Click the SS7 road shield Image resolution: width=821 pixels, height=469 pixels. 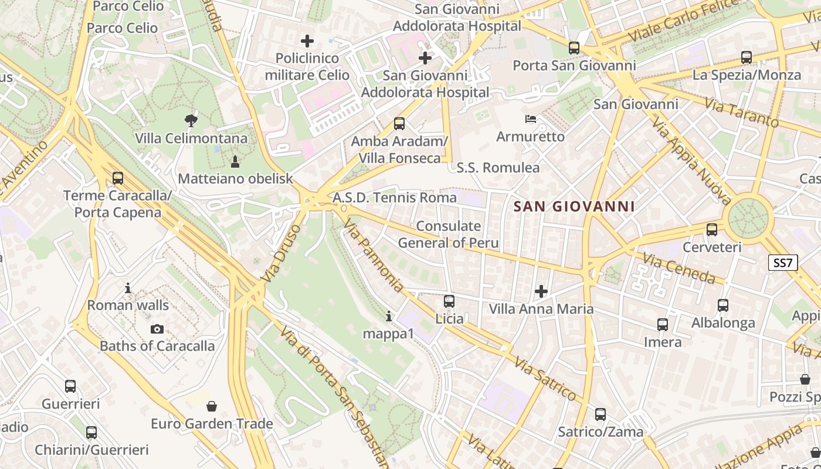pyautogui.click(x=783, y=263)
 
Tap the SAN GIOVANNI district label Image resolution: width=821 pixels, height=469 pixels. pyautogui.click(x=574, y=206)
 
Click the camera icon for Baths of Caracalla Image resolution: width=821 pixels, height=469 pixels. pyautogui.click(x=157, y=329)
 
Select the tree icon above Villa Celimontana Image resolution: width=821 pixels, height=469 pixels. pyautogui.click(x=191, y=121)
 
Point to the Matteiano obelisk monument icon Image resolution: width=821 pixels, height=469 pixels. pyautogui.click(x=235, y=161)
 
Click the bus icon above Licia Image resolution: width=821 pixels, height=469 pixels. pyautogui.click(x=449, y=301)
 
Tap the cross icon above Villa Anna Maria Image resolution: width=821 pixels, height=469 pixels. pyautogui.click(x=541, y=291)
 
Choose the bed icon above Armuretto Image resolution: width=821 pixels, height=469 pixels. pyautogui.click(x=531, y=119)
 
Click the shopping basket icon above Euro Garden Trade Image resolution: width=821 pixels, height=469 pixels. pyautogui.click(x=212, y=406)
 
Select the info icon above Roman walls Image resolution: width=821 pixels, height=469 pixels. pyautogui.click(x=128, y=288)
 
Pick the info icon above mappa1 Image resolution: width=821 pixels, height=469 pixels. pyautogui.click(x=388, y=317)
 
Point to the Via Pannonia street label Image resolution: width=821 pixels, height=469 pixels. pyautogui.click(x=374, y=255)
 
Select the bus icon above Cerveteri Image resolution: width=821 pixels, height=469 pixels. pyautogui.click(x=712, y=230)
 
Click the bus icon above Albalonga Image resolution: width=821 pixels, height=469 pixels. pyautogui.click(x=723, y=305)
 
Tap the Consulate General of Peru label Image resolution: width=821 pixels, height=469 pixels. pyautogui.click(x=449, y=235)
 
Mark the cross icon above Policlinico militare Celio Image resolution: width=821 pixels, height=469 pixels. pyautogui.click(x=307, y=41)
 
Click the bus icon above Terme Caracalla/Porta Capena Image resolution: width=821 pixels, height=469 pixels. pyautogui.click(x=118, y=178)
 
